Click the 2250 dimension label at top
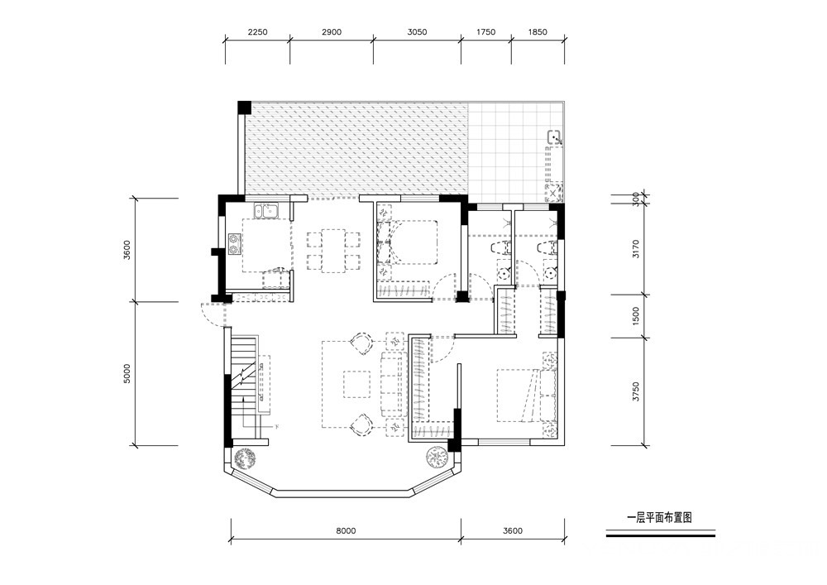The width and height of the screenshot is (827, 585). [x=257, y=32]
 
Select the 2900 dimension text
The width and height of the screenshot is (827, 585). [x=332, y=32]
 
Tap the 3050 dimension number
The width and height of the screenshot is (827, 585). [x=417, y=32]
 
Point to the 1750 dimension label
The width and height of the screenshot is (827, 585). [x=485, y=32]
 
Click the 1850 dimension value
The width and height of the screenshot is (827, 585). [x=538, y=32]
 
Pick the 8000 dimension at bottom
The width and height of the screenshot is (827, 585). [x=346, y=530]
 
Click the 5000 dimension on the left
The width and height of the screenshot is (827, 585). [x=127, y=373]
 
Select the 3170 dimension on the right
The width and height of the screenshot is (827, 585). [x=635, y=248]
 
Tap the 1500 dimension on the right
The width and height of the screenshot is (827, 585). [x=635, y=316]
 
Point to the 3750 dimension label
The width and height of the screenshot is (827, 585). [x=635, y=392]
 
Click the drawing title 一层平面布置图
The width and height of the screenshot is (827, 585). [x=659, y=517]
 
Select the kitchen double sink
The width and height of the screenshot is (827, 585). [x=267, y=211]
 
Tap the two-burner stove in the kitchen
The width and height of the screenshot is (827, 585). [x=234, y=244]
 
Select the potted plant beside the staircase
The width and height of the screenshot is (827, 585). [x=245, y=458]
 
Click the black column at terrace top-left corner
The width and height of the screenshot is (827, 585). [x=245, y=107]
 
